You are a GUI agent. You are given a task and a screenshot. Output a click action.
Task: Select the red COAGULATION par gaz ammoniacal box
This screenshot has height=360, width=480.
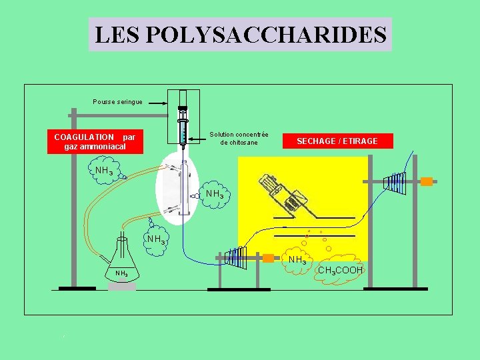95,141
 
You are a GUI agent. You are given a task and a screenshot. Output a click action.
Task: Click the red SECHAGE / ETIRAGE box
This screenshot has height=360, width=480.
337,141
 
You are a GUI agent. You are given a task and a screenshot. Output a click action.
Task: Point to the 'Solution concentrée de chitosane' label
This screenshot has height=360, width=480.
239,139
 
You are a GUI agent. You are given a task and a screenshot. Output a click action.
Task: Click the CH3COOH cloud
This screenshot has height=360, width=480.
340,269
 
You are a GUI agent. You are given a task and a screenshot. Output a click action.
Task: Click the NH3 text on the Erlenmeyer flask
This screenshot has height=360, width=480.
121,273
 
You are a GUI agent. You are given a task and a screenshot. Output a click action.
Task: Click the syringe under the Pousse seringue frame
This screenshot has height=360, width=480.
183,127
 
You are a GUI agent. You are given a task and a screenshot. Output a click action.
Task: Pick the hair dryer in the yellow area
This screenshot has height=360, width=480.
284,193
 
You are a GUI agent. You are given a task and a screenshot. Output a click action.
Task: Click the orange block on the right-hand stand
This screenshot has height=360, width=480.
426,181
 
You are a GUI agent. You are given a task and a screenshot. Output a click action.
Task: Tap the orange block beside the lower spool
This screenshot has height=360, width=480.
268,258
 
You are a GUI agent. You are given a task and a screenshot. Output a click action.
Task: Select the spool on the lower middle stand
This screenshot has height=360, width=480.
237,257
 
